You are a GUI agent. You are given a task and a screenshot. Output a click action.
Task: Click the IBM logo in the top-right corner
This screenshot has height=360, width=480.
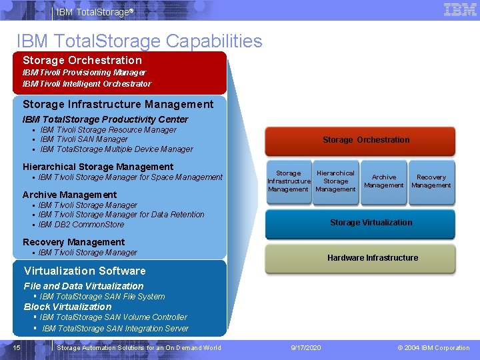click(x=460, y=10)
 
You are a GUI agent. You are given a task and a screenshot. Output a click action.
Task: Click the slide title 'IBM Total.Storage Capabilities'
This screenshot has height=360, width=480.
click(x=139, y=41)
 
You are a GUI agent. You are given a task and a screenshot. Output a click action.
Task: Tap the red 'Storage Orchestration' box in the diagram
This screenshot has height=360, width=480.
click(x=365, y=140)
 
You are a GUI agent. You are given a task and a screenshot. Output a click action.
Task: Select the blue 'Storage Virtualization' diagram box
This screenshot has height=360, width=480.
click(x=371, y=223)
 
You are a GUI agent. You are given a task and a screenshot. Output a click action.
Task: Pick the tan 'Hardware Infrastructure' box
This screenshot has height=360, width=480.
click(x=372, y=258)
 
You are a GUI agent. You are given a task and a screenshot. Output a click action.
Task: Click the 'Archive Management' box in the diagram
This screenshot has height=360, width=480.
click(x=383, y=181)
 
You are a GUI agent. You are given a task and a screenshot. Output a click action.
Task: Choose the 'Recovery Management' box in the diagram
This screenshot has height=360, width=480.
click(x=431, y=181)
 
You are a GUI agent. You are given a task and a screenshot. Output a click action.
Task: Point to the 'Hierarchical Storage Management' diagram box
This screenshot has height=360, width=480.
click(x=335, y=181)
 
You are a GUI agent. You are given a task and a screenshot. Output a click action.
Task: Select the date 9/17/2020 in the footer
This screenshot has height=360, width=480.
click(x=306, y=348)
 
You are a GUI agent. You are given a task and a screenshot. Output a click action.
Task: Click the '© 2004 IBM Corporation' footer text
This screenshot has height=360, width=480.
click(x=433, y=348)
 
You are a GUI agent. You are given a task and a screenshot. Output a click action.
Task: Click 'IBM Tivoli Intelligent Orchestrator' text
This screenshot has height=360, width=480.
click(x=87, y=84)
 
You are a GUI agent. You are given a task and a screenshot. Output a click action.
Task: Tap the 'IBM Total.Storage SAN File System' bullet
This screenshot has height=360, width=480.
click(x=102, y=297)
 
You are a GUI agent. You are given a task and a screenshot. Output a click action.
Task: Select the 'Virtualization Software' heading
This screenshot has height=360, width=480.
click(x=85, y=271)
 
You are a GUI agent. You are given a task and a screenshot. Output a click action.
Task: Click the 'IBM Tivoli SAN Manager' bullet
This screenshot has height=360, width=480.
click(x=83, y=139)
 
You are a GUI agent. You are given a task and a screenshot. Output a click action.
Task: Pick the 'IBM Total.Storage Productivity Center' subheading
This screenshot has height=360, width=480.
click(x=105, y=119)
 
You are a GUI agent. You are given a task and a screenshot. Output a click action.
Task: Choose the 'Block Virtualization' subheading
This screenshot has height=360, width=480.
click(x=67, y=307)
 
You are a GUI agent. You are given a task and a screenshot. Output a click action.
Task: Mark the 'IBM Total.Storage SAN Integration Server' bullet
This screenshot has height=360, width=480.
click(x=115, y=329)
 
